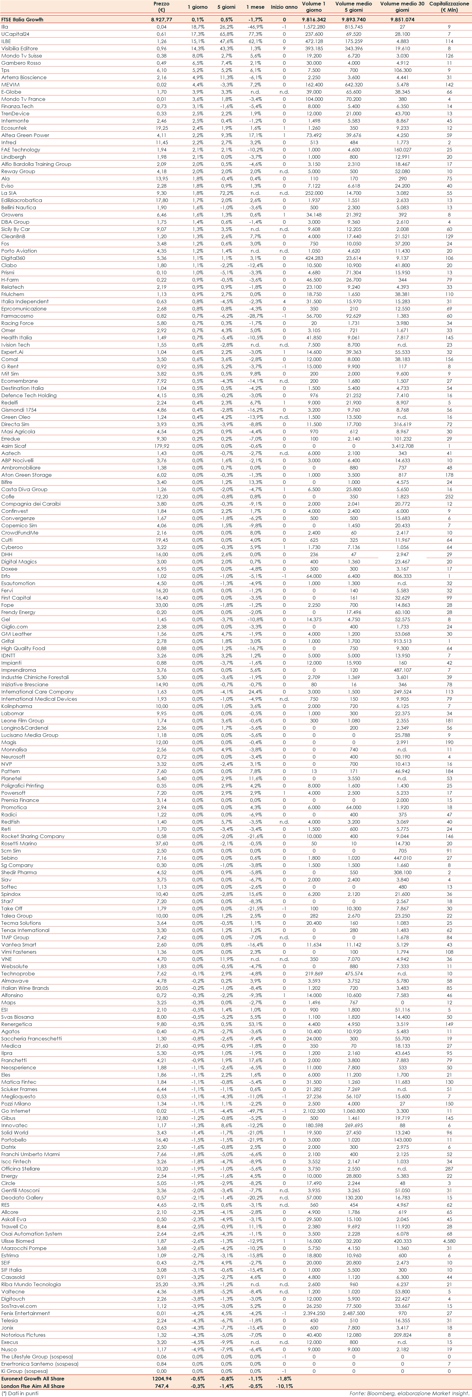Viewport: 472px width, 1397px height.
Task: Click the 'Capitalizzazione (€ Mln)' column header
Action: pyautogui.click(x=449, y=7)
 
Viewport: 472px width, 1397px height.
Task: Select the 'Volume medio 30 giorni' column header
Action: pyautogui.click(x=402, y=7)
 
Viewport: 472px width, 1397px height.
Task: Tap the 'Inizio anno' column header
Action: pyautogui.click(x=284, y=7)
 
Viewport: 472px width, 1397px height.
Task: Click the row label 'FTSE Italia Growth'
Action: pyautogui.click(x=22, y=20)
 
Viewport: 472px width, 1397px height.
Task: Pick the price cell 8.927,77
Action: pyautogui.click(x=161, y=20)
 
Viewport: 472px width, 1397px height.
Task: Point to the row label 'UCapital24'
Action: pyautogui.click(x=15, y=34)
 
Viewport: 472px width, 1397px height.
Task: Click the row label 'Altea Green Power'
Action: pyautogui.click(x=25, y=135)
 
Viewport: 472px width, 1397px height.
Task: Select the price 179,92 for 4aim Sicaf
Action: pyautogui.click(x=161, y=446)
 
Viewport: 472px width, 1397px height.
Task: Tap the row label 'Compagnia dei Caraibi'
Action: pyautogui.click(x=31, y=504)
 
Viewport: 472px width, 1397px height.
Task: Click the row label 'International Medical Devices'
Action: pyautogui.click(x=39, y=699)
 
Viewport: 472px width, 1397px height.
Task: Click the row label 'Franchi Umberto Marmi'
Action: pyautogui.click(x=30, y=1154)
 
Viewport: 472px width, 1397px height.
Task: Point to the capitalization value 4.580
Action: pyautogui.click(x=449, y=1241)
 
